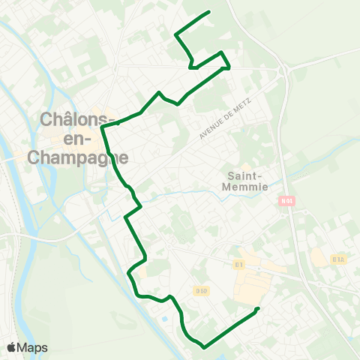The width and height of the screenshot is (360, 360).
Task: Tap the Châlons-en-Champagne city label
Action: pos(78,138)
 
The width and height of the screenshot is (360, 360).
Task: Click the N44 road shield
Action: pos(286,201)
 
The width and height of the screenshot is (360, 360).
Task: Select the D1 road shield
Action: pos(239,264)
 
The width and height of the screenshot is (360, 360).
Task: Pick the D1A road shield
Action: pos(338,259)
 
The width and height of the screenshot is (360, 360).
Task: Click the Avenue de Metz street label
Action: pos(229,118)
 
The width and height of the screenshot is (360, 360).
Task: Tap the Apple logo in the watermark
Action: pos(13,347)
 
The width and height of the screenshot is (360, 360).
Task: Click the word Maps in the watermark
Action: pos(33,347)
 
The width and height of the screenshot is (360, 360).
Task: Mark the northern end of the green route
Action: pos(208,13)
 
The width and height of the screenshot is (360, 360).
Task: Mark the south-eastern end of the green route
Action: pos(257,309)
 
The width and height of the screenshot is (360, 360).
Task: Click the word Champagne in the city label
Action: pos(78,157)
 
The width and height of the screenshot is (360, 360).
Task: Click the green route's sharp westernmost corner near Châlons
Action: pos(102,127)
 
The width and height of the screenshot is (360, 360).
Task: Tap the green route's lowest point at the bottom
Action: pos(203,346)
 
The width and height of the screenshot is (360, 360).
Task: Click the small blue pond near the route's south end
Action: pos(164,321)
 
